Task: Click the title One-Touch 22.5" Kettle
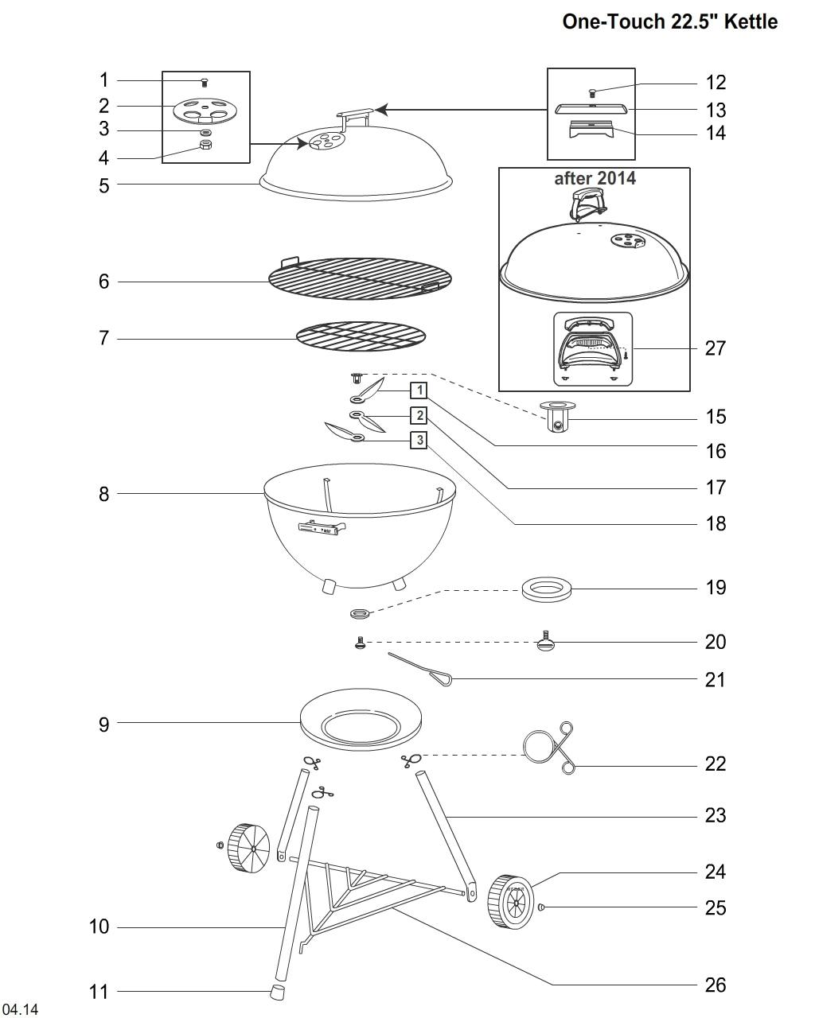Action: tap(669, 21)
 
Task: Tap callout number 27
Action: tap(715, 348)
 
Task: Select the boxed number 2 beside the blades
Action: tap(419, 416)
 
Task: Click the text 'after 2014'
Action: tap(595, 178)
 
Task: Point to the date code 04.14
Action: tap(20, 1009)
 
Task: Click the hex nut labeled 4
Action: tap(205, 144)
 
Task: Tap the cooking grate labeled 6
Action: tap(360, 278)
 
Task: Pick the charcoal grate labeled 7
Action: tap(361, 336)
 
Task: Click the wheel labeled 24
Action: tap(510, 902)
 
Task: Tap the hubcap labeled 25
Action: tap(542, 907)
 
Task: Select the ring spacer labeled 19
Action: tap(547, 589)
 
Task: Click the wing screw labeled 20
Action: tap(545, 642)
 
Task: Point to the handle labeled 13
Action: tap(592, 110)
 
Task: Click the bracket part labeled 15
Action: tap(559, 417)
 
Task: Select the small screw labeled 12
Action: tap(592, 93)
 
